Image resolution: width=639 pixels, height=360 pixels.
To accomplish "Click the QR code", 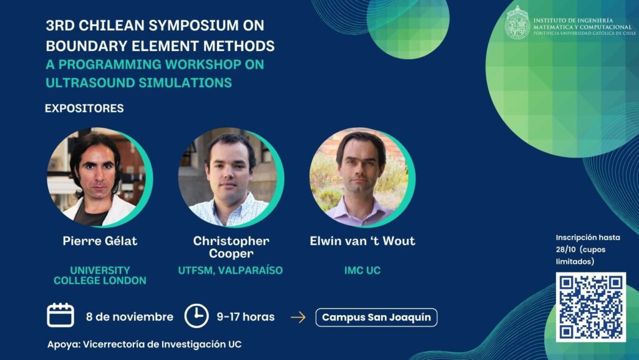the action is pos(590,307).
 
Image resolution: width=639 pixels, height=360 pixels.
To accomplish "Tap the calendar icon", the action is pos(61,315).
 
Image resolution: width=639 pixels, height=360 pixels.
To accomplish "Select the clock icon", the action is pos(197,316).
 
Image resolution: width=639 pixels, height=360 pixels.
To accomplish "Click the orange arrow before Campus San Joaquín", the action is pos(298,317).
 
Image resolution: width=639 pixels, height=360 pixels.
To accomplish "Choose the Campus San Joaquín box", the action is pos(376,317).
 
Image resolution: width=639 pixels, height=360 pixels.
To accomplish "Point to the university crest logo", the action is pos(517,23).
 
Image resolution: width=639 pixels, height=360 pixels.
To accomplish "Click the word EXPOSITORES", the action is pos(84,109).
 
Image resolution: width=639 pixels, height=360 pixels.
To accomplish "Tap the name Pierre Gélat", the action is pos(100,241).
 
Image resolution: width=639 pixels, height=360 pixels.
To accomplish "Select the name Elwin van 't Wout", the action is pos(363,241).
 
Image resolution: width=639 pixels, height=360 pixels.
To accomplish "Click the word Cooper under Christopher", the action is pos(231,253).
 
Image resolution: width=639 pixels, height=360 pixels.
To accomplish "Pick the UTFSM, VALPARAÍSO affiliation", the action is pos(230,270).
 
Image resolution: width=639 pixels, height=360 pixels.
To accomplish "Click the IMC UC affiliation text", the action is pos(363,270).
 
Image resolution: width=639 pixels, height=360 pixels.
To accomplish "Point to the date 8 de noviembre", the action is pos(130,317).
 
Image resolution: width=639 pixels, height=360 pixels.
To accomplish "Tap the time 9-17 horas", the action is pos(246,317).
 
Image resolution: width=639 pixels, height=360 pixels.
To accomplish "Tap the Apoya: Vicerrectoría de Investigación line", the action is pos(144,344).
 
